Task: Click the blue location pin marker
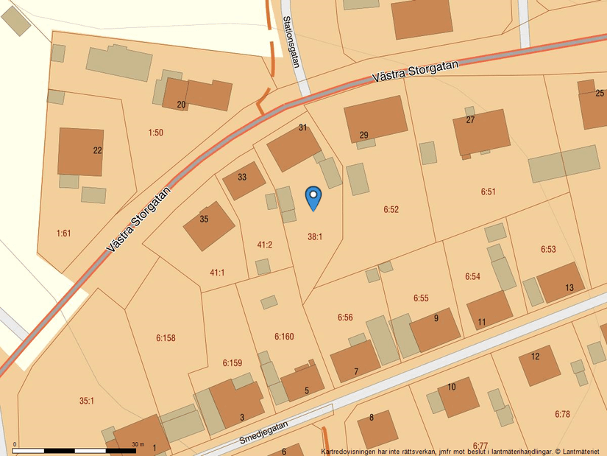click(313, 197)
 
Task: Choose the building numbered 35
click(208, 225)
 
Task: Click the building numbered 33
click(243, 180)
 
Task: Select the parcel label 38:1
click(315, 236)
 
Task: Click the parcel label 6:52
click(391, 210)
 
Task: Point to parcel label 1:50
click(155, 133)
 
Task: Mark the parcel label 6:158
click(166, 338)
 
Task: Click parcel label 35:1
click(87, 401)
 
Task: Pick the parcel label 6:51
click(489, 192)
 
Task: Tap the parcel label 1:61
click(64, 233)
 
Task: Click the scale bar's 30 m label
click(138, 444)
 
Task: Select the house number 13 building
click(561, 282)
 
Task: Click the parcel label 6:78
click(562, 414)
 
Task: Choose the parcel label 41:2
click(265, 245)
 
